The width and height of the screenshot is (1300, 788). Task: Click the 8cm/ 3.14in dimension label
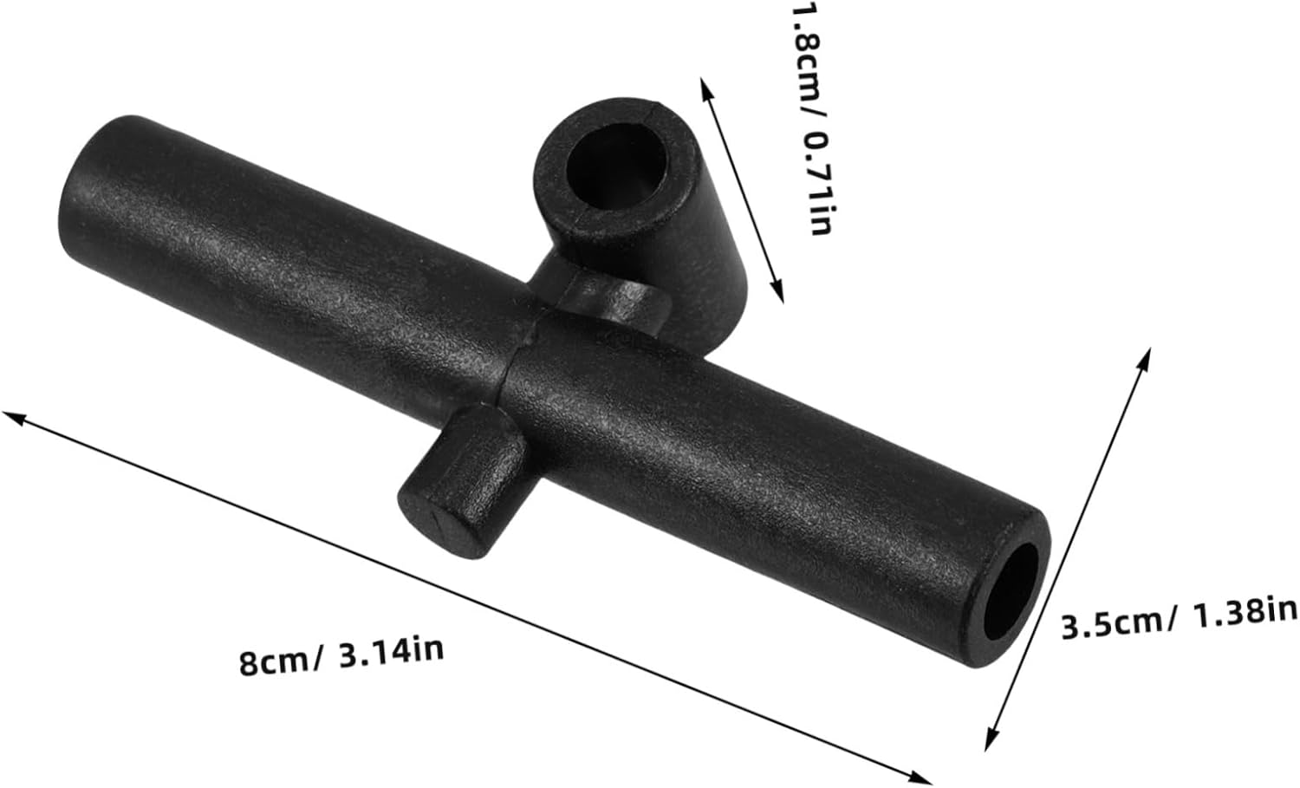341,655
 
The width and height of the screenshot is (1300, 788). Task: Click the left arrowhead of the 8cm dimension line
13,417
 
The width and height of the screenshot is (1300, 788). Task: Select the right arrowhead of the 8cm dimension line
920,778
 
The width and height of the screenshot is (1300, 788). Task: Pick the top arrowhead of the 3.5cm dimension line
1145,358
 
